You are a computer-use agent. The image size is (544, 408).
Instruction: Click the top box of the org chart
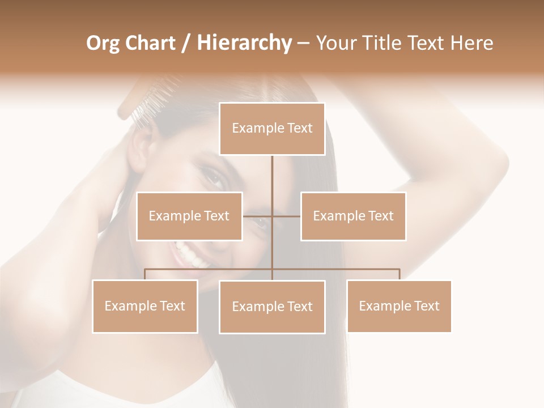click(272, 129)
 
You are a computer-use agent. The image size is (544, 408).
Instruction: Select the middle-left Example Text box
click(189, 216)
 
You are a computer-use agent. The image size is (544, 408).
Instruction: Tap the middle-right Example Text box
click(353, 216)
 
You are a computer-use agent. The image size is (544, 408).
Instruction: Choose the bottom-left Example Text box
click(144, 306)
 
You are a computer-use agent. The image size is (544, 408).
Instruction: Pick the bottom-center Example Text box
click(272, 307)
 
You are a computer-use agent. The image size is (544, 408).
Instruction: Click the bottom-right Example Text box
click(399, 306)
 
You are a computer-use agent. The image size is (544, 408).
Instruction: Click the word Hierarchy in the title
click(244, 42)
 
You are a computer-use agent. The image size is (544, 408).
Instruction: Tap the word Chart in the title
click(150, 42)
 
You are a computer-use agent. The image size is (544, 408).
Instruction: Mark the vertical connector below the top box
click(272, 181)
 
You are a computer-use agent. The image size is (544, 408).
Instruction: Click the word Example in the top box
click(257, 129)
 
